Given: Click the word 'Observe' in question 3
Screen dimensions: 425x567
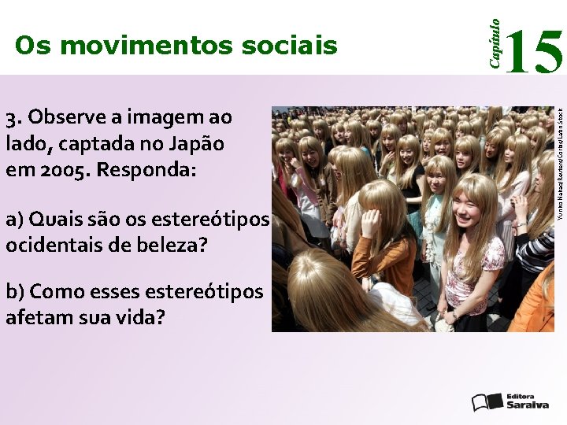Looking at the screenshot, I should pyautogui.click(x=68, y=118).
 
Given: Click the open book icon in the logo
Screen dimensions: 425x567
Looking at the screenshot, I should pyautogui.click(x=487, y=401).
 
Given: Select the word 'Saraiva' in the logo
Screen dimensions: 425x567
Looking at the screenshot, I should pyautogui.click(x=527, y=405).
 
